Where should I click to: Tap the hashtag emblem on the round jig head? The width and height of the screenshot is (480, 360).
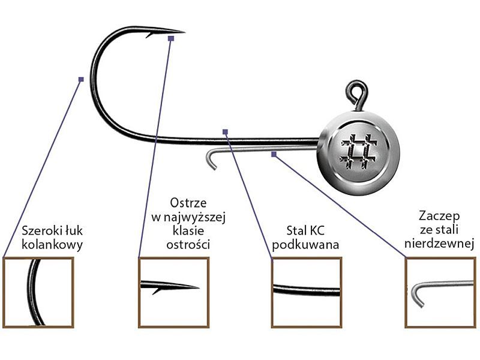pyautogui.click(x=358, y=150)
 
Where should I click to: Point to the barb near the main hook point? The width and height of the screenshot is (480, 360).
pyautogui.click(x=149, y=35)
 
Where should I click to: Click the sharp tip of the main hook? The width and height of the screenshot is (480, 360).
pyautogui.click(x=183, y=31)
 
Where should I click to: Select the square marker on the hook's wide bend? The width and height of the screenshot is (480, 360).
pyautogui.click(x=81, y=79)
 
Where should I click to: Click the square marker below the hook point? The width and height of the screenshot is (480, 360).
pyautogui.click(x=171, y=38)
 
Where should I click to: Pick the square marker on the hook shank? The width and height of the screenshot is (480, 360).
pyautogui.click(x=225, y=131)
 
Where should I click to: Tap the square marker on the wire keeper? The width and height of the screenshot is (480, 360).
pyautogui.click(x=274, y=154)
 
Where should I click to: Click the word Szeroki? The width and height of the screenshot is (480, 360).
pyautogui.click(x=40, y=230)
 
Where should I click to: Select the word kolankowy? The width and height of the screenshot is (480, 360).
pyautogui.click(x=52, y=244)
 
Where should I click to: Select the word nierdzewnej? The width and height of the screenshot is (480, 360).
pyautogui.click(x=440, y=244)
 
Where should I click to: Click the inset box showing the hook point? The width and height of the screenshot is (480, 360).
pyautogui.click(x=173, y=292)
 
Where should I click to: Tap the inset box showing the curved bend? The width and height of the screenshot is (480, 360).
pyautogui.click(x=38, y=292)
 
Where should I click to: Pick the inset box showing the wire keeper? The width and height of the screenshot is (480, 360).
pyautogui.click(x=440, y=292)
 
